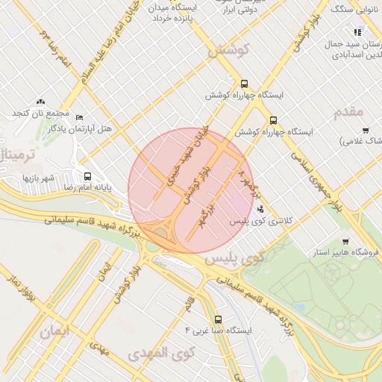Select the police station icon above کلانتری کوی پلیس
[x=260, y=209]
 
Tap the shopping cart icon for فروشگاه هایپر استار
[x=345, y=242]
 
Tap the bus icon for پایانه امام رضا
[x=88, y=177]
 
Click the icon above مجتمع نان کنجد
[x=40, y=101]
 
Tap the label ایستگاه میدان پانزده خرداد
[x=175, y=13]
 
